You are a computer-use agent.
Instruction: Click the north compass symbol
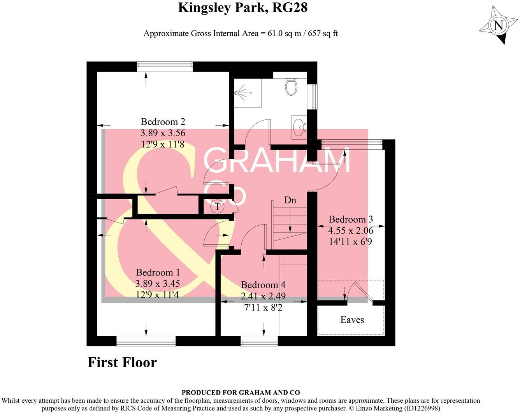pos(497,25)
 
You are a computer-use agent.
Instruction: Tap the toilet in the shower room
pos(291,86)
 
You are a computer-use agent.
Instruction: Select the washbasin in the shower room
pos(299,127)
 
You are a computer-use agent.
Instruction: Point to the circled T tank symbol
pos(218,207)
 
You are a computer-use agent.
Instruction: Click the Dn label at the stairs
pos(290,200)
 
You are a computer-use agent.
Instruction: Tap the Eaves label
pos(352,320)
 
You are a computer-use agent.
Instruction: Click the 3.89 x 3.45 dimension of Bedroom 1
pos(158,284)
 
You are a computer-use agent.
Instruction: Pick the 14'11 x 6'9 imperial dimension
pos(350,242)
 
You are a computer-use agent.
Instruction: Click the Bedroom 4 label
pos(263,285)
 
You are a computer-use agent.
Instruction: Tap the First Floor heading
pos(122,362)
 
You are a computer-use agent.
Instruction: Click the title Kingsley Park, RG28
pos(242,7)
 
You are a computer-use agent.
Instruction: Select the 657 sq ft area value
pos(323,33)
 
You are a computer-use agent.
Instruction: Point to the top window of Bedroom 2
pos(165,67)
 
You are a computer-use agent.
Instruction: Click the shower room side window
pos(313,96)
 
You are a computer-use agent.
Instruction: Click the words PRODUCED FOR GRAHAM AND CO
pos(241,393)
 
